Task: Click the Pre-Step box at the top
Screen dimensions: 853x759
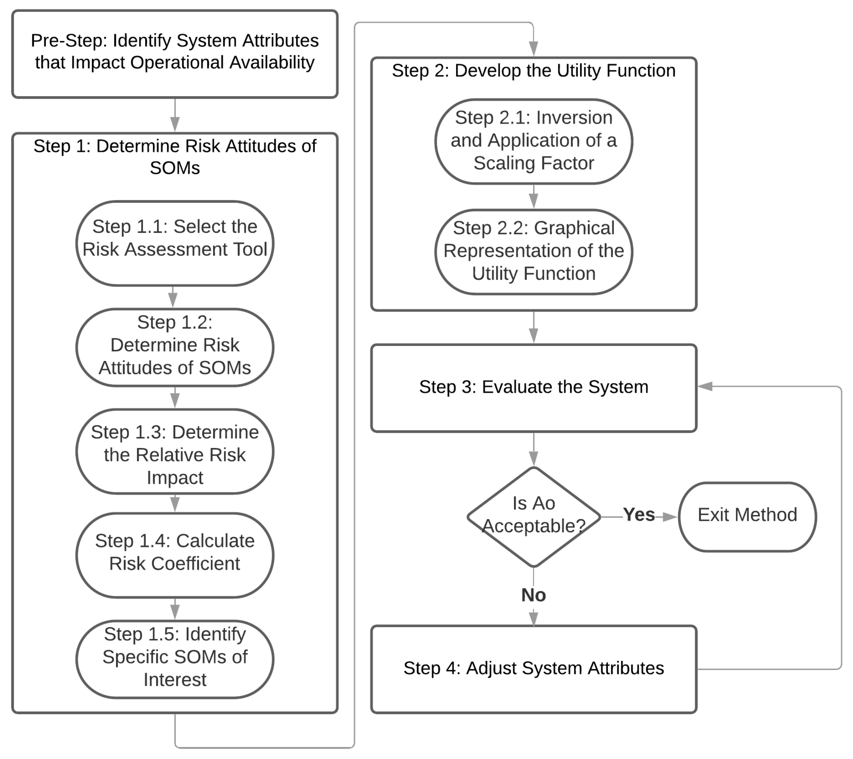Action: pyautogui.click(x=175, y=54)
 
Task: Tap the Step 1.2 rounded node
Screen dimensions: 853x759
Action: pyautogui.click(x=175, y=348)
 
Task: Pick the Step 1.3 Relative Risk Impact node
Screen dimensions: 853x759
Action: pyautogui.click(x=175, y=452)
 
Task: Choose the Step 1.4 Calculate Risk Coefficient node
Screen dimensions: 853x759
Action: pyautogui.click(x=175, y=555)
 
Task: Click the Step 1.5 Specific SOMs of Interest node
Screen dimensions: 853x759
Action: pyautogui.click(x=175, y=659)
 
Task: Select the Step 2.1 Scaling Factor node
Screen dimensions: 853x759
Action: pyautogui.click(x=534, y=142)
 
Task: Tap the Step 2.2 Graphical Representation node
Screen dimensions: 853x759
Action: pyautogui.click(x=534, y=252)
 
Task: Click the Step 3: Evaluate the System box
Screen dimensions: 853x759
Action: pyautogui.click(x=534, y=388)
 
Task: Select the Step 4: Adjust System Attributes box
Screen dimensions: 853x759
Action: pyautogui.click(x=534, y=669)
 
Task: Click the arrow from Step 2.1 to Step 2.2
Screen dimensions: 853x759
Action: pyautogui.click(x=534, y=196)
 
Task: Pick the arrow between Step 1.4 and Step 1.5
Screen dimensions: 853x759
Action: pyautogui.click(x=175, y=609)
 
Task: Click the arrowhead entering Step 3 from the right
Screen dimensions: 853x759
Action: pyautogui.click(x=705, y=386)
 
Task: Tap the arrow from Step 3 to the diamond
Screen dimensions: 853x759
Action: pyautogui.click(x=534, y=449)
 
